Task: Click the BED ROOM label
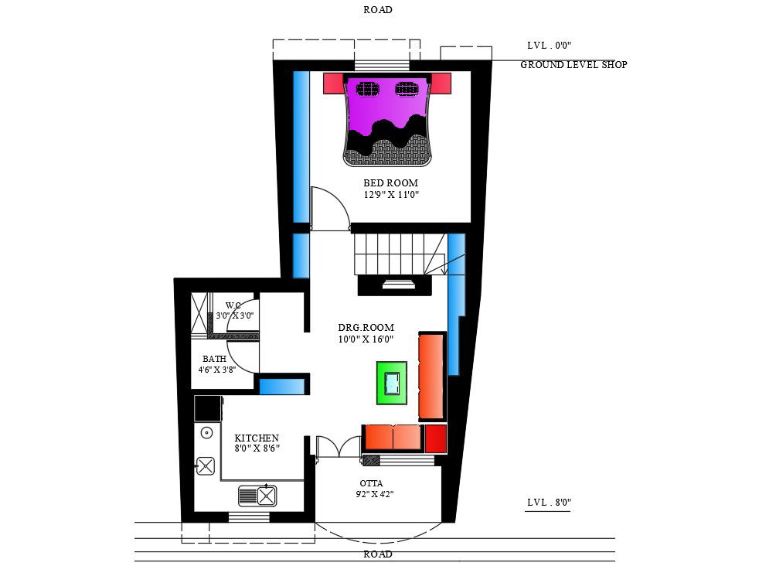390,182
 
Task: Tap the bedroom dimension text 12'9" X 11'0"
391,195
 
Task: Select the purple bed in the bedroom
387,120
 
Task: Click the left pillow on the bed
367,89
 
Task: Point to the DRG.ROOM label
366,327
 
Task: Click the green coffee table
391,383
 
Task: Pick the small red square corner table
435,438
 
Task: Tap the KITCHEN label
257,438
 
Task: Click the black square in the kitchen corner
208,408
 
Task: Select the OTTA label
371,483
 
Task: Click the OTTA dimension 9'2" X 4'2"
375,494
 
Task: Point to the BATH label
214,359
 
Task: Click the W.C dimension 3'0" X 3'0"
235,315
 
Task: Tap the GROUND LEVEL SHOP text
573,64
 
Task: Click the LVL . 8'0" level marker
550,502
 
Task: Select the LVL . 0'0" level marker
550,46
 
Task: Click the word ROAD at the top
378,10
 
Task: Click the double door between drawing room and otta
339,446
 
